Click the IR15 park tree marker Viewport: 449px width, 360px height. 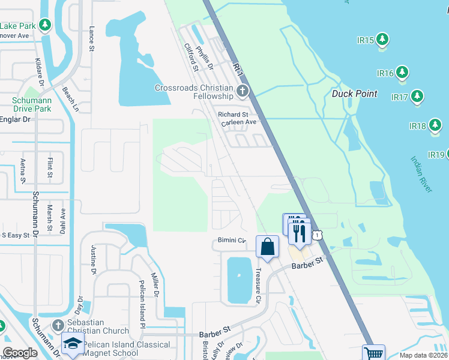pyautogui.click(x=382, y=40)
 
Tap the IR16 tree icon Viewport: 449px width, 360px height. pyautogui.click(x=402, y=73)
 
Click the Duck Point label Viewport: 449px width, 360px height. pyautogui.click(x=355, y=94)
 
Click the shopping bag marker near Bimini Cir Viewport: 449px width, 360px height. pyautogui.click(x=267, y=247)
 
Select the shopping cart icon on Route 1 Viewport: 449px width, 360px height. pyautogui.click(x=374, y=353)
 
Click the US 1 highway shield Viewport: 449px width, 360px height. pyautogui.click(x=317, y=237)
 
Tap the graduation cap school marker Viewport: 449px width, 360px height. pyautogui.click(x=72, y=345)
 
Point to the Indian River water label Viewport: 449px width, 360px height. pyautogui.click(x=421, y=174)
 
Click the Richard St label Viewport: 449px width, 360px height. pyautogui.click(x=233, y=115)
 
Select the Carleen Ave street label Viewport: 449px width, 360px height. pyautogui.click(x=238, y=122)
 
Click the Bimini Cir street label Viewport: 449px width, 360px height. pyautogui.click(x=231, y=241)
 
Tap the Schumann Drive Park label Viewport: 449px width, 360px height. pyautogui.click(x=31, y=105)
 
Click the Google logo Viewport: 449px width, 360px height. pyautogui.click(x=20, y=353)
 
